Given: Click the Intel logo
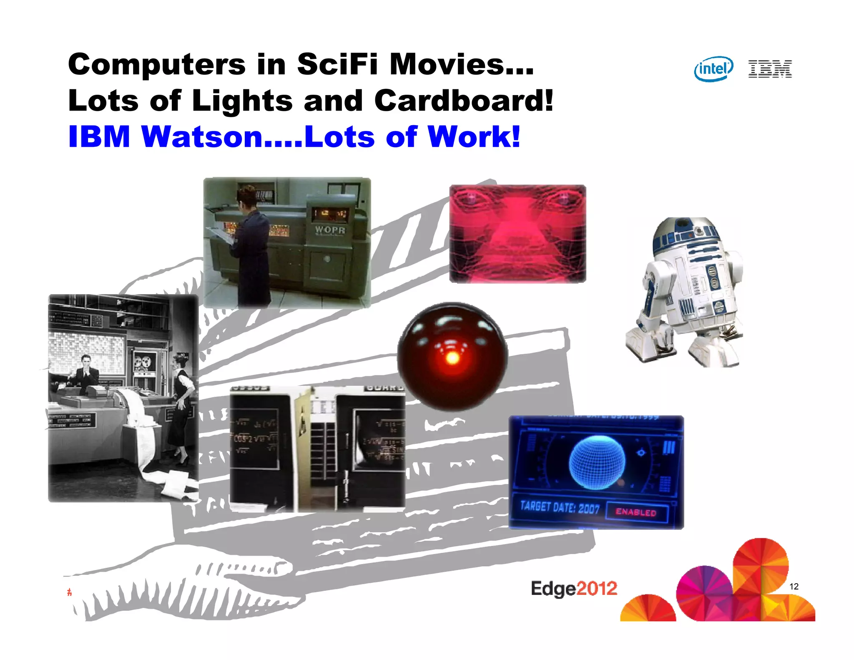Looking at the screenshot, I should [x=713, y=69].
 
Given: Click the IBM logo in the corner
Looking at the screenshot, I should [x=770, y=69].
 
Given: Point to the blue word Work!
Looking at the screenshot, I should [x=474, y=137].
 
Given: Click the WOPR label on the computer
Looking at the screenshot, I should [x=330, y=229].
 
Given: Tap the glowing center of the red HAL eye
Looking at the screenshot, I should [x=452, y=358].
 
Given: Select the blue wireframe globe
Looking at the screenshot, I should [x=597, y=462].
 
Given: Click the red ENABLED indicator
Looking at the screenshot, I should [x=636, y=512].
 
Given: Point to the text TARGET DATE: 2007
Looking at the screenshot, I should [x=559, y=507].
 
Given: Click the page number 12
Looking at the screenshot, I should [x=794, y=586].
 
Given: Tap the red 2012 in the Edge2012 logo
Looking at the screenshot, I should [x=597, y=589].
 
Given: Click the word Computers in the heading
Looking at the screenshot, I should [x=157, y=64].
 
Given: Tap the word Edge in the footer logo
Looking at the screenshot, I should [x=553, y=589].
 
